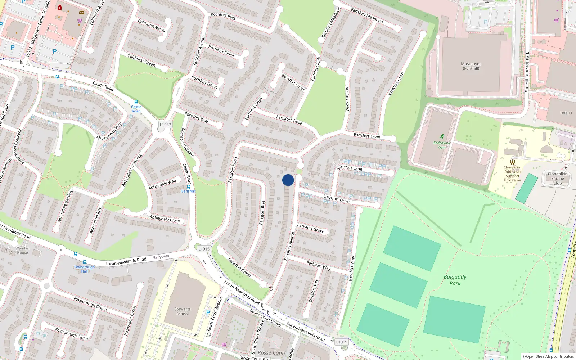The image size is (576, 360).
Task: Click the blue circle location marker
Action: (288, 180)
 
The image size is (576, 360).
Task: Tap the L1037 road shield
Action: (165, 125)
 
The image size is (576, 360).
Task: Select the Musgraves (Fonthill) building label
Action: (471, 66)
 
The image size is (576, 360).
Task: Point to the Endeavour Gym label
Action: (442, 145)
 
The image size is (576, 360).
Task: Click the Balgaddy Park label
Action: (455, 280)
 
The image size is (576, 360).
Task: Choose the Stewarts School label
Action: (183, 311)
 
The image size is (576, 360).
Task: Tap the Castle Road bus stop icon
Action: (136, 102)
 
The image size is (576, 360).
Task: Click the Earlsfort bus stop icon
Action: (188, 186)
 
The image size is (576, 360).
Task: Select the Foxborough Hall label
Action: (84, 269)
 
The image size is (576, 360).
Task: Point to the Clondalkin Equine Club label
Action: (557, 178)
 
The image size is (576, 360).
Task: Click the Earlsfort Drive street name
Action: (336, 199)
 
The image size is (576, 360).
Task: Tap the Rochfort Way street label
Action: (196, 117)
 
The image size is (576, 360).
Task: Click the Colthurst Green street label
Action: (141, 60)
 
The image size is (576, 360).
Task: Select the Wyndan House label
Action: (22, 250)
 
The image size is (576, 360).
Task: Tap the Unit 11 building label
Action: (566, 113)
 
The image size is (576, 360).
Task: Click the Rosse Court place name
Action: (271, 353)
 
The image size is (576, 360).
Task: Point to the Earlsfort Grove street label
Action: (310, 228)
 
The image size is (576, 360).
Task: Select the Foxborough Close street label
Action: (71, 334)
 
